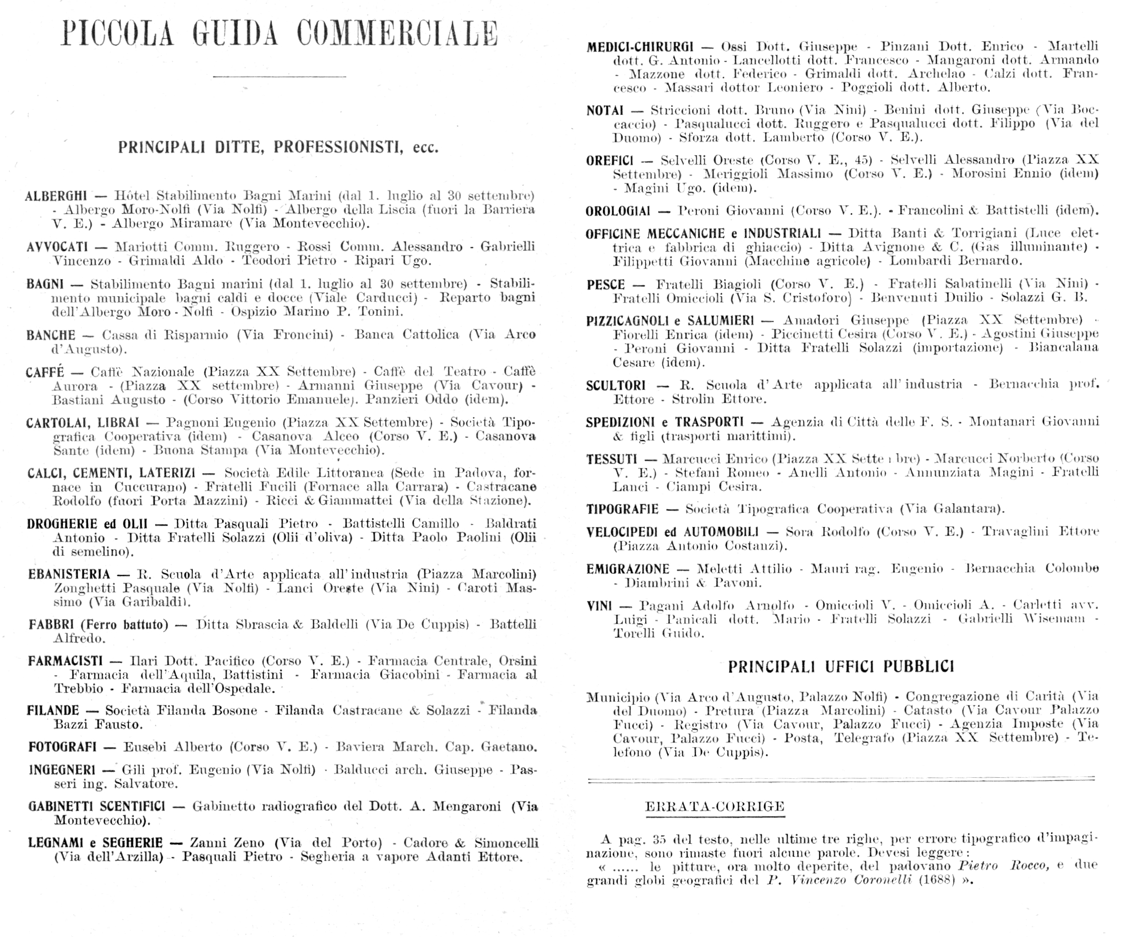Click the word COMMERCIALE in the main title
397,33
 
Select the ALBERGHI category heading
56,195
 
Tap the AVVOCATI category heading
57,247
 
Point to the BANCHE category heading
51,336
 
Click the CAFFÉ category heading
45,372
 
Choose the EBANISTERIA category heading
69,574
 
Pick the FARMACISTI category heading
65,660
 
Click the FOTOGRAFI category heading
62,747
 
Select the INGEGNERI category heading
62,770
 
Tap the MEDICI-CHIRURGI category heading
640,47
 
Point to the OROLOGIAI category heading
618,211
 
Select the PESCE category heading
606,284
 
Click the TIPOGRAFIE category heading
622,509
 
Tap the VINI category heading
599,606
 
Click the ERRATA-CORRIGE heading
715,807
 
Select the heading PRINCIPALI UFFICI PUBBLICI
840,667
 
